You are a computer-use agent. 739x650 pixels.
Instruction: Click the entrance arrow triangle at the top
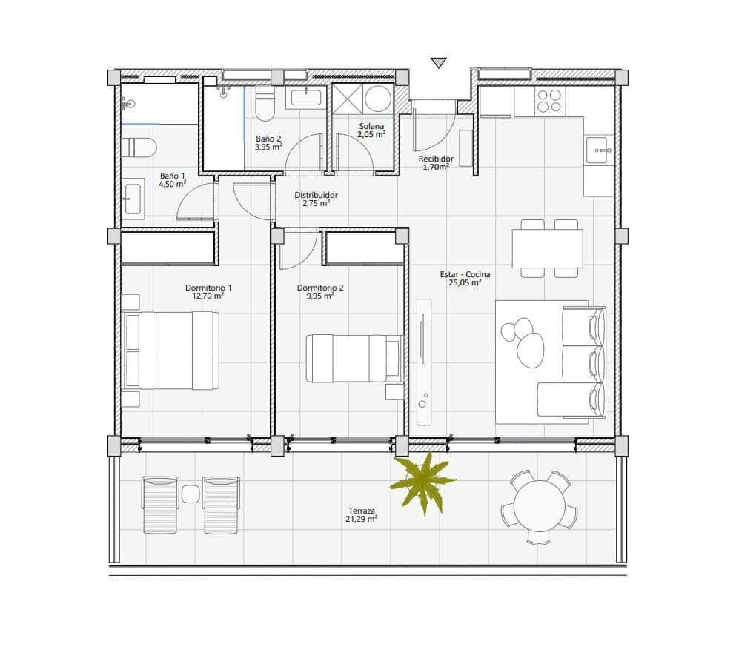point(439,63)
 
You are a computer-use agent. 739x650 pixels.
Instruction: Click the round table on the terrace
point(539,508)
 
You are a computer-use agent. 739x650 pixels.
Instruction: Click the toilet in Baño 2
point(265,105)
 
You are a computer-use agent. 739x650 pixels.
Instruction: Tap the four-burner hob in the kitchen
point(549,101)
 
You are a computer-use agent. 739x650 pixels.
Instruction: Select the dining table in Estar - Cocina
point(547,248)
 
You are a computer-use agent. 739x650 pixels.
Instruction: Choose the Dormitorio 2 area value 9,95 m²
point(319,296)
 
